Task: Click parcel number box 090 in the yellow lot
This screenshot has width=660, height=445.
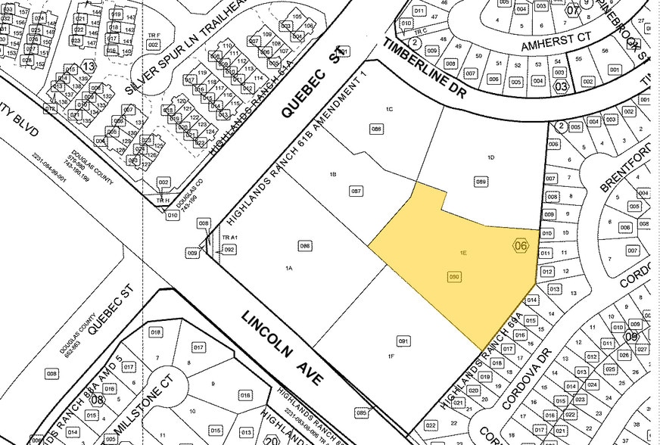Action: click(x=455, y=277)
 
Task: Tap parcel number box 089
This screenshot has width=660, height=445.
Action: click(x=480, y=182)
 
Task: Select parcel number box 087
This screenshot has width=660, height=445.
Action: click(x=356, y=191)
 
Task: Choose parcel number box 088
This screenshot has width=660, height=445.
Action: click(x=376, y=129)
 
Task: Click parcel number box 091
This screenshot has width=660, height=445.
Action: click(x=403, y=341)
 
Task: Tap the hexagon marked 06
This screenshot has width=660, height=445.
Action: click(x=520, y=245)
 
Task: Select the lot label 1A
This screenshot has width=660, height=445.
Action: click(x=288, y=269)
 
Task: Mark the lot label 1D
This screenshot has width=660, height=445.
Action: click(x=490, y=157)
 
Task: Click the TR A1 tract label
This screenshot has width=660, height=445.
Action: click(x=229, y=237)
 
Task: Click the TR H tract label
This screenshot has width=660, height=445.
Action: click(x=160, y=200)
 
